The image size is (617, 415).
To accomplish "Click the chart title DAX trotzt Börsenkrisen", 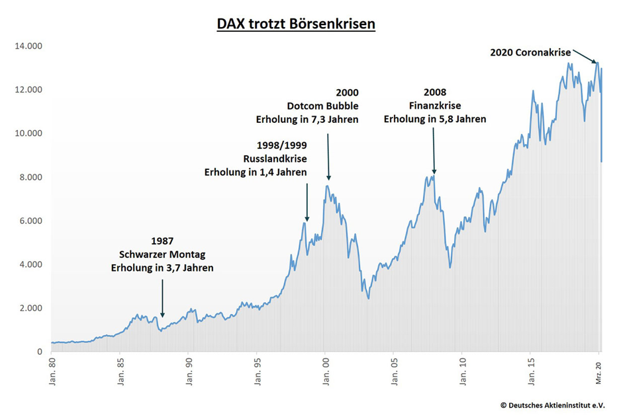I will click(296, 24).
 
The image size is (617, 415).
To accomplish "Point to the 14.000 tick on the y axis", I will click(24, 46).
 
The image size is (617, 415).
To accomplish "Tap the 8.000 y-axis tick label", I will click(27, 177).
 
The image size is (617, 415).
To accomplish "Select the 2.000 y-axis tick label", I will click(27, 308).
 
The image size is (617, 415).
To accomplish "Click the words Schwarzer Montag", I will click(162, 254).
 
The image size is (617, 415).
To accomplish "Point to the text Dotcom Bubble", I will click(322, 106).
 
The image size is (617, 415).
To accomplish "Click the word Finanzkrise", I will click(434, 106).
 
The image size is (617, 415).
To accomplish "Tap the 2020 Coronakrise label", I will click(530, 52).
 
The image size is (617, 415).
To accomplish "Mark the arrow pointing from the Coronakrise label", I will click(585, 56).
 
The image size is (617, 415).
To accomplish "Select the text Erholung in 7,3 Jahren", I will click(307, 120).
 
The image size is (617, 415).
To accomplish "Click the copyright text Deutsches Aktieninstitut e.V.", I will click(551, 404).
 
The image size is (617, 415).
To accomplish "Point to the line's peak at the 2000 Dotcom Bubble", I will click(328, 186).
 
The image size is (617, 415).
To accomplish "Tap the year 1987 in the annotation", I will click(162, 241).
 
